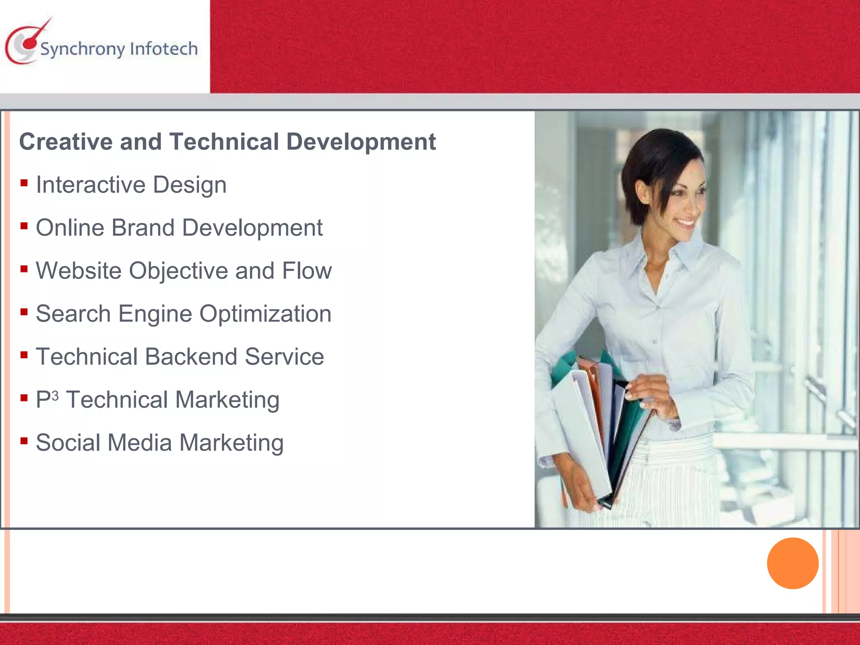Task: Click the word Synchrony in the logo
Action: click(x=82, y=50)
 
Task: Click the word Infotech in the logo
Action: click(x=164, y=49)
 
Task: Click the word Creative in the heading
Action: click(x=66, y=142)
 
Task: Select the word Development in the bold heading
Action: click(x=361, y=142)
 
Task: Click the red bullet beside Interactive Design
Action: click(x=24, y=183)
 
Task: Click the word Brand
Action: click(x=143, y=228)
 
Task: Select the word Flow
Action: click(x=307, y=270)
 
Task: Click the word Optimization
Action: click(x=265, y=314)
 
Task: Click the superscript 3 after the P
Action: click(x=55, y=396)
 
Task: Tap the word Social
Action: click(x=68, y=443)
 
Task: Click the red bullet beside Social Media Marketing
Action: click(x=24, y=441)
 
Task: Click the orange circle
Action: click(x=792, y=563)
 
